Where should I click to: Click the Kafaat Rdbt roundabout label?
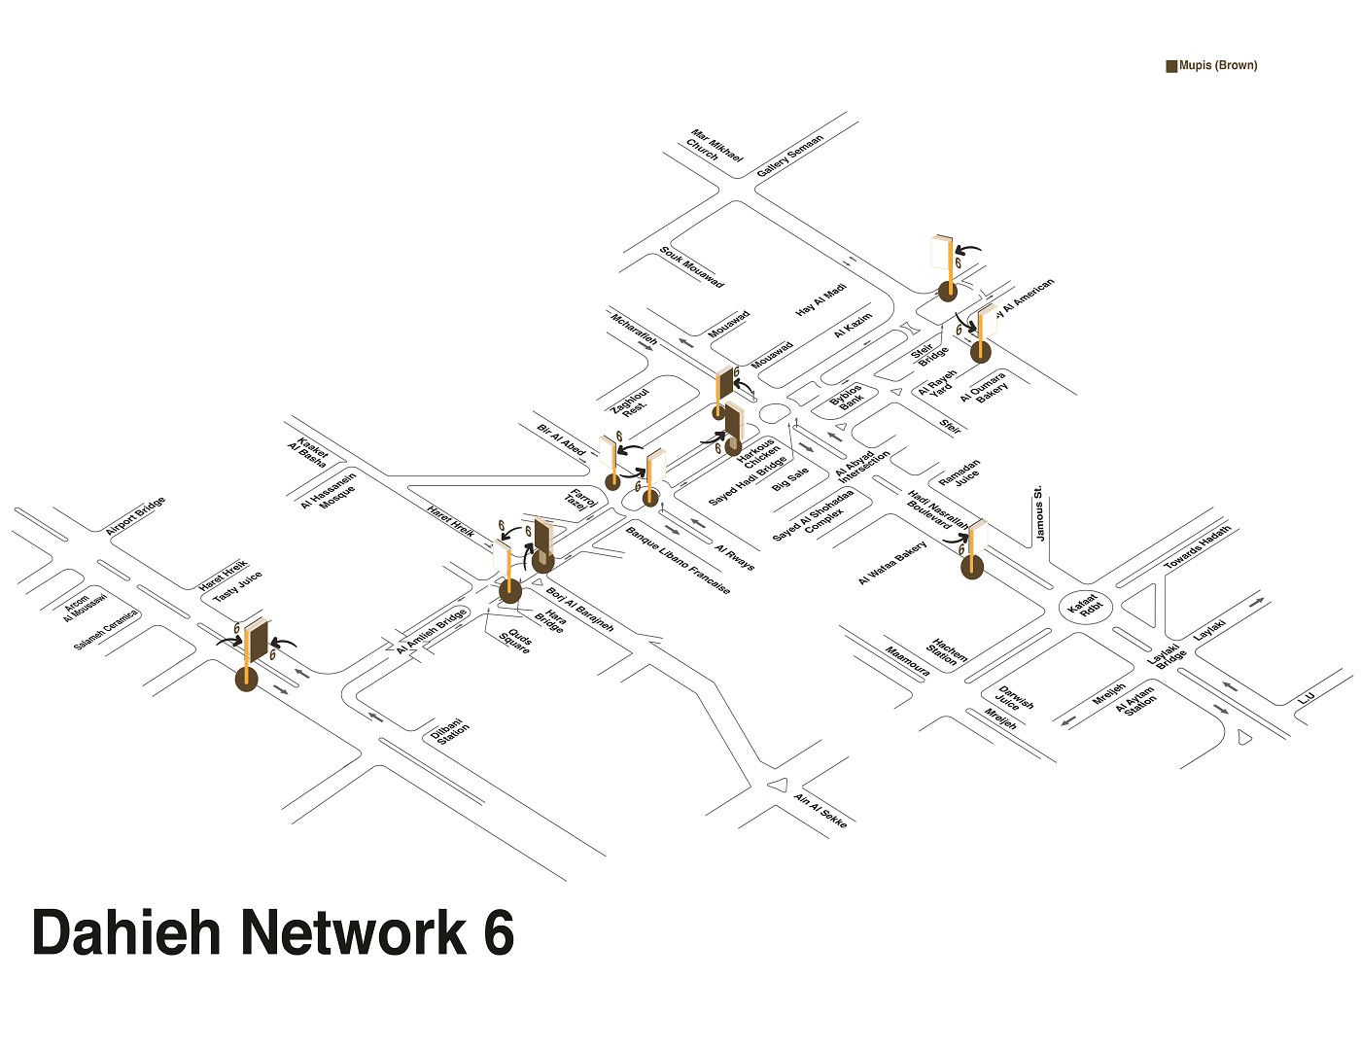click(1084, 606)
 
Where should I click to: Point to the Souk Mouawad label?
click(691, 266)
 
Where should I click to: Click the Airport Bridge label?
click(135, 515)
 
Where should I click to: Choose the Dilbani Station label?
click(450, 732)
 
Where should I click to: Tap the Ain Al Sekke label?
click(820, 811)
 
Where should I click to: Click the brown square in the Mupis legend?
click(1171, 66)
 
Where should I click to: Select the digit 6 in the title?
click(497, 932)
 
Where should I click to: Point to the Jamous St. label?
click(1039, 514)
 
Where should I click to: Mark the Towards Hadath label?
click(1198, 547)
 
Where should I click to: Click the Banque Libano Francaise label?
click(678, 560)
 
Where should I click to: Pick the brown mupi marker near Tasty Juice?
click(248, 678)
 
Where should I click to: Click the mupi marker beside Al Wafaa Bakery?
click(972, 567)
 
